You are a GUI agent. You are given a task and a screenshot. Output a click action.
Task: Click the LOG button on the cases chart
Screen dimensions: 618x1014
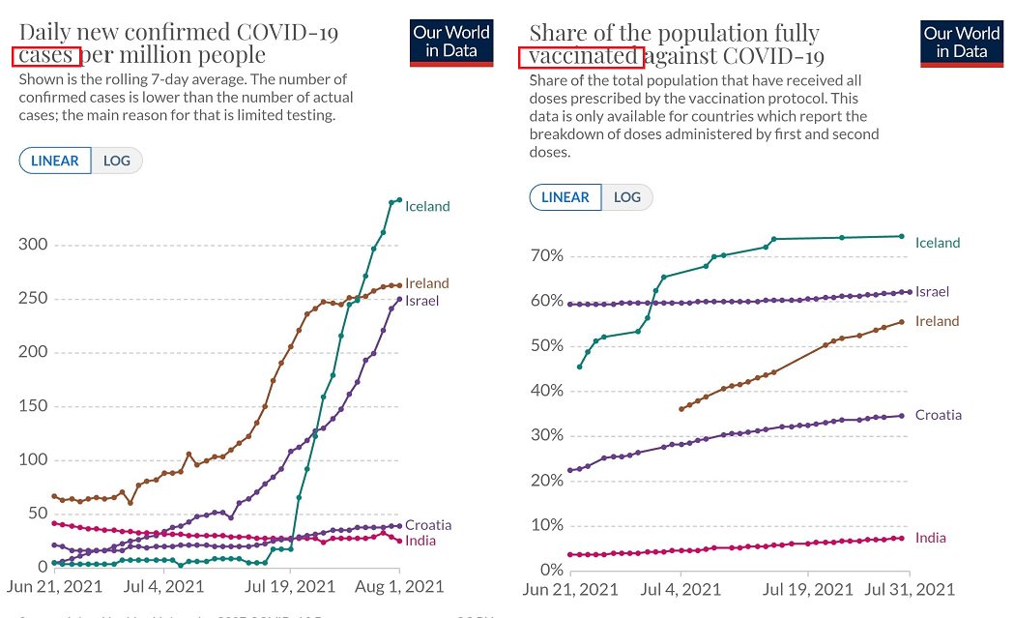pos(117,161)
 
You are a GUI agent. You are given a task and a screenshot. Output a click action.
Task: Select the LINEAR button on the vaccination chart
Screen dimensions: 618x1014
pos(565,197)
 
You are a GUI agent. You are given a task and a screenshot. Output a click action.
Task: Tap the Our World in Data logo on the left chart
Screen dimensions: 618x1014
pos(451,42)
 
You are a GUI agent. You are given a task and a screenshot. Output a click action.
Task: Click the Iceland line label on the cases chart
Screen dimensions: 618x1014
pos(427,206)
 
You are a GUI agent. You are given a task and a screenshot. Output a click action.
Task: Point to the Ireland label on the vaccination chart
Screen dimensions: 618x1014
pos(937,321)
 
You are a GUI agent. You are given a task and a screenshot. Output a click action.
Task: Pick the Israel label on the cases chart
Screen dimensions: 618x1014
pos(422,301)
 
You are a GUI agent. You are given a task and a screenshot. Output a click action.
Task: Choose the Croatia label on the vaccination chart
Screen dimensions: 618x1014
pos(939,415)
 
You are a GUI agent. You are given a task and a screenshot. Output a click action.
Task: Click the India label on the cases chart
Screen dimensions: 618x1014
pos(420,541)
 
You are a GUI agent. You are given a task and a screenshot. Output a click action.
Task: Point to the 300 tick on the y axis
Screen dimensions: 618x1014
pos(33,244)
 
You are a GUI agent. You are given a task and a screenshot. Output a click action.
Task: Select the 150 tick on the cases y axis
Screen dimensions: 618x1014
pos(33,405)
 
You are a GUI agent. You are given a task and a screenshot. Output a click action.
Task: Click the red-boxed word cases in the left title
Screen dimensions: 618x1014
pos(45,55)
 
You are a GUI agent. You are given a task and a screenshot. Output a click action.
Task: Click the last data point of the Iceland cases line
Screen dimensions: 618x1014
pos(399,200)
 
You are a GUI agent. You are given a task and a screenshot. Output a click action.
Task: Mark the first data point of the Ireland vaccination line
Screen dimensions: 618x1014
pos(681,409)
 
